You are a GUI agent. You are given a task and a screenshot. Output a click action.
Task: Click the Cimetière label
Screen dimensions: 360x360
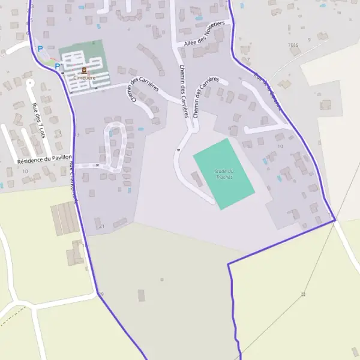[x=83, y=78]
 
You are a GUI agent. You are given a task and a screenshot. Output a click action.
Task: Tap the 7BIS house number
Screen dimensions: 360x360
[x=293, y=45]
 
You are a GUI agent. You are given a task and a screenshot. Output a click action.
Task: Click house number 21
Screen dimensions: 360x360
[x=102, y=226]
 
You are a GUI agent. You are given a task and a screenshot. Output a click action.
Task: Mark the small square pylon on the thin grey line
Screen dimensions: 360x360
[x=303, y=294]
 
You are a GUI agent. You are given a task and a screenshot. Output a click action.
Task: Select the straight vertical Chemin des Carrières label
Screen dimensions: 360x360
[x=184, y=90]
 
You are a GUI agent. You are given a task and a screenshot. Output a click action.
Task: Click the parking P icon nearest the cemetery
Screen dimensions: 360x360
[x=58, y=67]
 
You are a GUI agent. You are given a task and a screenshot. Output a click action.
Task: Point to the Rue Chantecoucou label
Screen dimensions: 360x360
[x=73, y=184]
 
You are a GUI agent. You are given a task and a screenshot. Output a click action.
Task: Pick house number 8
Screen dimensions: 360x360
[x=229, y=128]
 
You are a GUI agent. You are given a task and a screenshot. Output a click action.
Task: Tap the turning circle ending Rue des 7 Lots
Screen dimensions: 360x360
[x=29, y=82]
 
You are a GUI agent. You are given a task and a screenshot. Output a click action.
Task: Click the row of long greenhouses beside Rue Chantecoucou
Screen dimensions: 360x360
[x=65, y=219]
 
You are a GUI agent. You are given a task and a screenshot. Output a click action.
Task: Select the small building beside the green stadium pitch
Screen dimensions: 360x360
[x=196, y=178]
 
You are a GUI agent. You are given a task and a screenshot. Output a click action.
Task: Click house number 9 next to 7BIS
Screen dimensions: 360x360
[x=309, y=40]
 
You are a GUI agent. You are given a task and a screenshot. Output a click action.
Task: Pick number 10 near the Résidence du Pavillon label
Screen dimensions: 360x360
[x=25, y=171]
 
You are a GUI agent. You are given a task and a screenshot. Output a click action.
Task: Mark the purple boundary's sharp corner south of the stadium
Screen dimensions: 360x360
[x=229, y=264]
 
